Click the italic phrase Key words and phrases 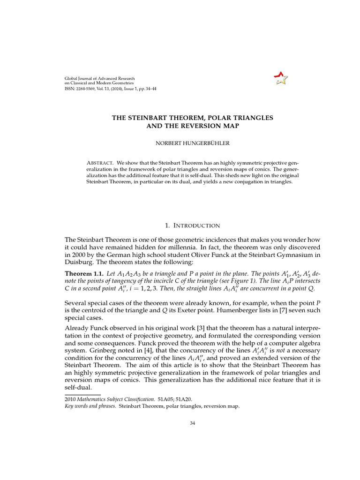[x=90, y=406]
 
